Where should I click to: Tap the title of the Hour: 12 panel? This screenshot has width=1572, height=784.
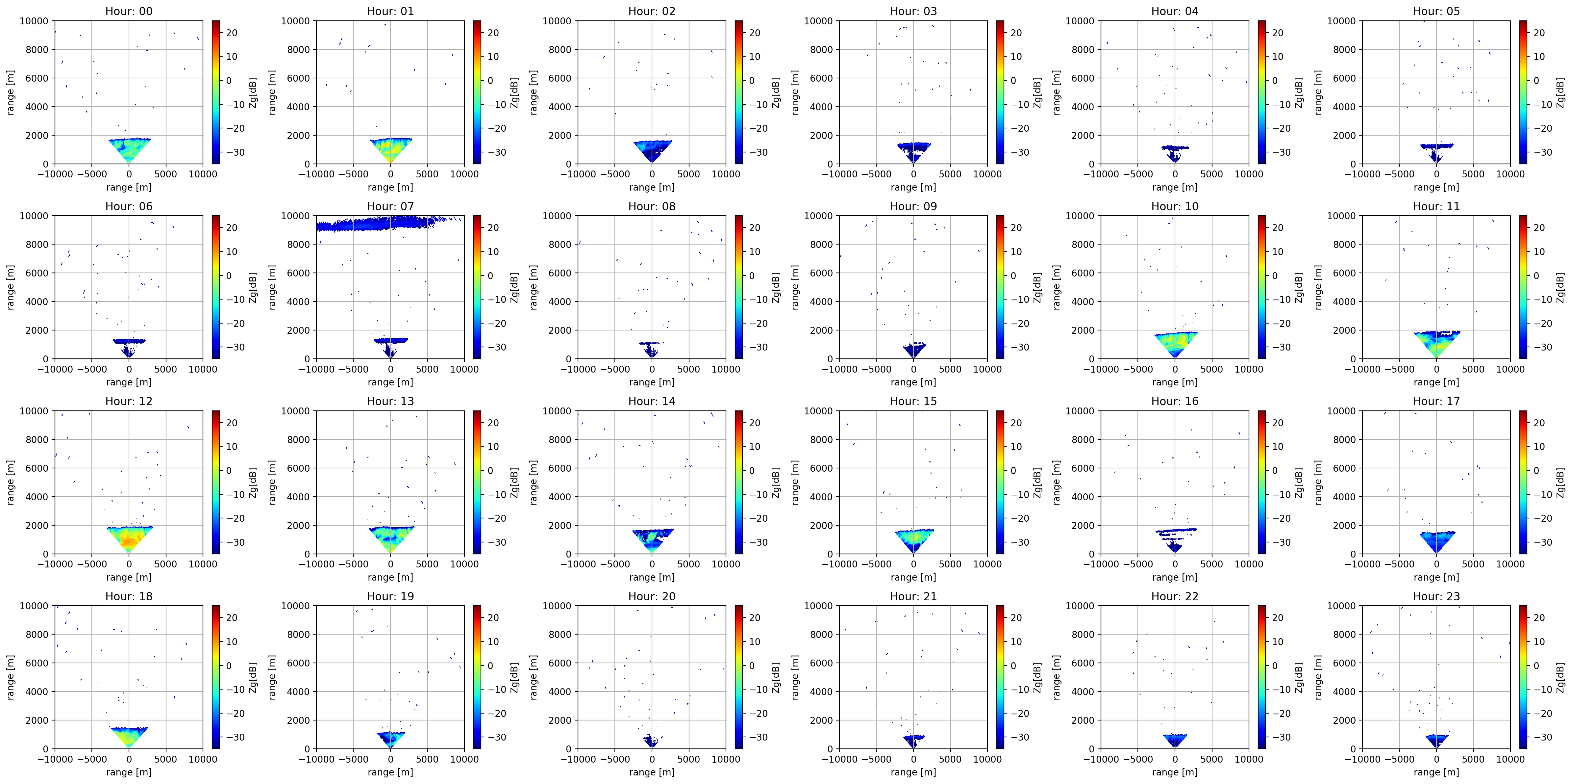[x=129, y=401]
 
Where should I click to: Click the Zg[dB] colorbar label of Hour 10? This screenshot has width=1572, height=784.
[x=1299, y=287]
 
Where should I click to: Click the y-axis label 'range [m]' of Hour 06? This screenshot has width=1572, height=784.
[x=11, y=287]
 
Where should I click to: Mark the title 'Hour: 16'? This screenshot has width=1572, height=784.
[x=1175, y=401]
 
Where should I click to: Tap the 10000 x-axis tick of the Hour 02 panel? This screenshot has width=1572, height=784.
[x=726, y=174]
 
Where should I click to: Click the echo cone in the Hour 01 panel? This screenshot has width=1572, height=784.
[x=390, y=150]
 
